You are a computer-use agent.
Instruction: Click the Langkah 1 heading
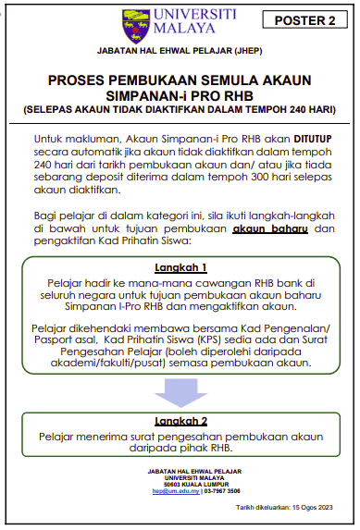click(180, 266)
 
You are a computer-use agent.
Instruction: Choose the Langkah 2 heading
click(180, 419)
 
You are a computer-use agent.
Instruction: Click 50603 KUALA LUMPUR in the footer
click(180, 486)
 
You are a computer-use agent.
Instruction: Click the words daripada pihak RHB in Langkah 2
click(180, 448)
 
